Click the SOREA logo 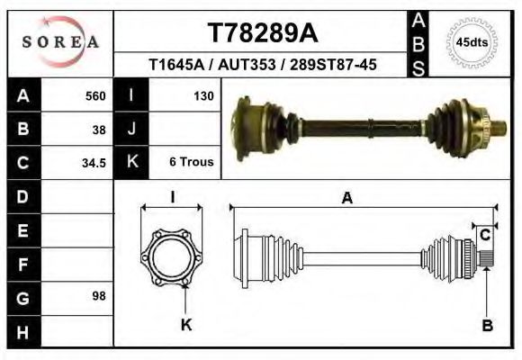(x=60, y=42)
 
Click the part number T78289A (x=262, y=33)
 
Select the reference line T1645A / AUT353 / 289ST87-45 (x=262, y=65)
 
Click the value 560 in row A (x=94, y=95)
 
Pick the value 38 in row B (x=99, y=129)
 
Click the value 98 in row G (x=99, y=296)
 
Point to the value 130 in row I (x=202, y=95)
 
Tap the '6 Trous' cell (x=190, y=163)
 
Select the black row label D (x=23, y=196)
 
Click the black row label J (x=131, y=129)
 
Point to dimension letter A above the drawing (x=346, y=199)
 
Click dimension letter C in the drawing (x=484, y=235)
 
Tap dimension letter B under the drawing (x=487, y=326)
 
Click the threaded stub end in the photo (x=496, y=130)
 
